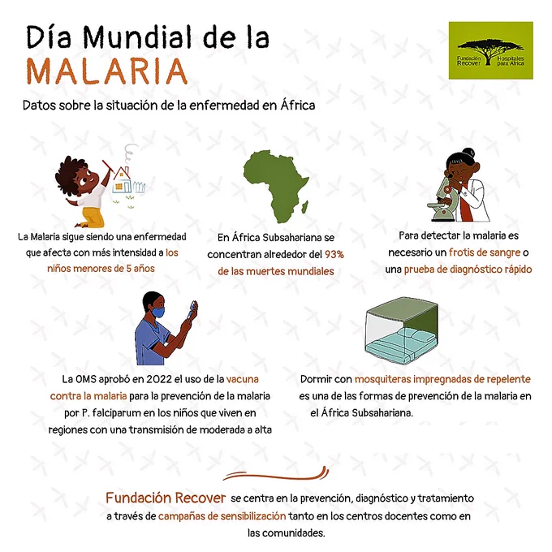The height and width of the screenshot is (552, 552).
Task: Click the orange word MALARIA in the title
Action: pyautogui.click(x=106, y=71)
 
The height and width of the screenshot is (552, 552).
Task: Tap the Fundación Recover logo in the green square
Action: pyautogui.click(x=491, y=50)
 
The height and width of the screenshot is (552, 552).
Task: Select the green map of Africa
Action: pyautogui.click(x=276, y=187)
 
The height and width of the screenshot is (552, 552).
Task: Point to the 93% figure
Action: pyautogui.click(x=334, y=254)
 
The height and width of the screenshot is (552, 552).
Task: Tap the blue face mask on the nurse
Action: pyautogui.click(x=158, y=312)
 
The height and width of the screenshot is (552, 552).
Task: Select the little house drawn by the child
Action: pyautogui.click(x=122, y=180)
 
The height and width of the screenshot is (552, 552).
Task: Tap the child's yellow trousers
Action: pyautogui.click(x=93, y=218)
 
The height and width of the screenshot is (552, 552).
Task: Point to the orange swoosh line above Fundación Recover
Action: pyautogui.click(x=276, y=474)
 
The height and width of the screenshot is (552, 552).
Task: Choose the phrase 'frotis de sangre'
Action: pyautogui.click(x=485, y=252)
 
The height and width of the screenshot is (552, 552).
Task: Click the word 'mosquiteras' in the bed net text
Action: pyautogui.click(x=382, y=380)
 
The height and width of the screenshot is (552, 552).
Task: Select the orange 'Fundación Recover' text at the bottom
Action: pyautogui.click(x=166, y=498)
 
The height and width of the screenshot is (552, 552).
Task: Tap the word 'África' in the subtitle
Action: pyautogui.click(x=297, y=106)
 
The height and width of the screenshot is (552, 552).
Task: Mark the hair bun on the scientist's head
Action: pyautogui.click(x=468, y=153)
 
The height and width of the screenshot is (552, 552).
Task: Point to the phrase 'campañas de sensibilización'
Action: pyautogui.click(x=222, y=516)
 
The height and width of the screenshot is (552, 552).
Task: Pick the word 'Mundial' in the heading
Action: pyautogui.click(x=137, y=37)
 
